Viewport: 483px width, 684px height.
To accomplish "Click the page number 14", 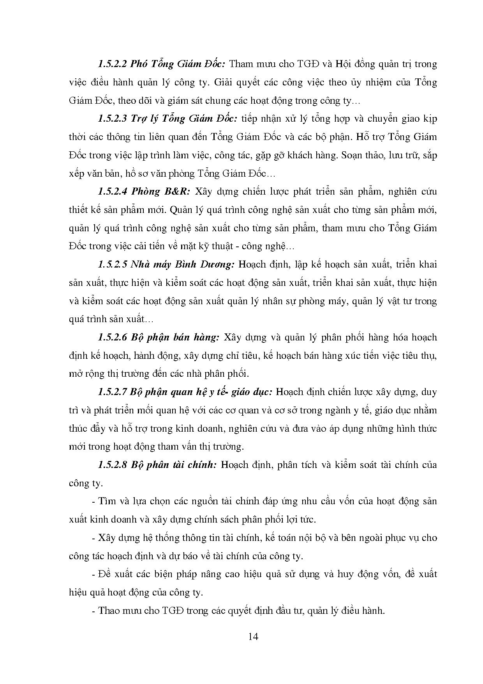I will (x=253, y=637).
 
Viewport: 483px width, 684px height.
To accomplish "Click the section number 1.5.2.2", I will (x=112, y=64).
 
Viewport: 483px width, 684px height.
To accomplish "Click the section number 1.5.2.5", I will (x=112, y=264).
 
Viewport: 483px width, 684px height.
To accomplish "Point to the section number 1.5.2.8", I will (x=112, y=465).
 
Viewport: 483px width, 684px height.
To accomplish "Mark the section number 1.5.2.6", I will (x=112, y=337).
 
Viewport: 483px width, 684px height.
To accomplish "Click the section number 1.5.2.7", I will (x=112, y=392).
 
